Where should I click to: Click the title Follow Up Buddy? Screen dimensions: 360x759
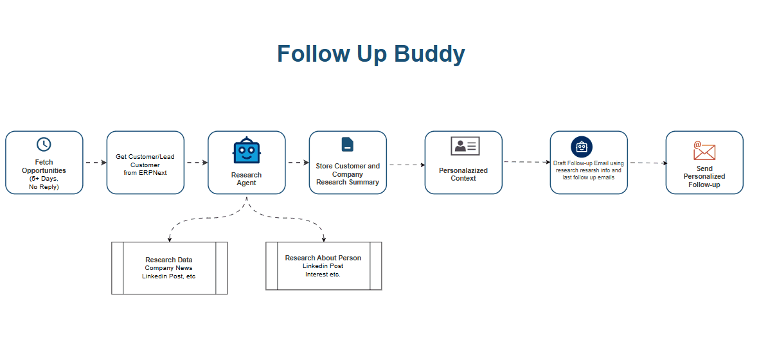pyautogui.click(x=371, y=54)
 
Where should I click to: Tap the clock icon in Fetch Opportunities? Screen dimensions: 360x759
pyautogui.click(x=44, y=145)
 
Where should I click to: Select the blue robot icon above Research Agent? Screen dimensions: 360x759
pyautogui.click(x=246, y=151)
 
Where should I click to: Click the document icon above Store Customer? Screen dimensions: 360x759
pyautogui.click(x=347, y=145)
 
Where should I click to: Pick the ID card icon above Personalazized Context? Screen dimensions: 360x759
pyautogui.click(x=464, y=146)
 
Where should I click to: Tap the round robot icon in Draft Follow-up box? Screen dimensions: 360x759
pyautogui.click(x=582, y=147)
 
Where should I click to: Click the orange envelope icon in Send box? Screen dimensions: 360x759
pyautogui.click(x=704, y=150)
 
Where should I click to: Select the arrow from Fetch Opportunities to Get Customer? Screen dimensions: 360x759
pyautogui.click(x=95, y=163)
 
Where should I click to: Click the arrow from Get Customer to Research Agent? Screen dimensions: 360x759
pyautogui.click(x=196, y=163)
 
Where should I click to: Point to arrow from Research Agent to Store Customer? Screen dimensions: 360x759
pyautogui.click(x=298, y=163)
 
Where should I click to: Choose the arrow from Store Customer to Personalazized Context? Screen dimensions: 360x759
pyautogui.click(x=406, y=165)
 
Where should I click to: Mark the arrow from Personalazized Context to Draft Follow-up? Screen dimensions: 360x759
pyautogui.click(x=526, y=162)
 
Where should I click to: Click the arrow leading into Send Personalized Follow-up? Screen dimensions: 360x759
pyautogui.click(x=647, y=163)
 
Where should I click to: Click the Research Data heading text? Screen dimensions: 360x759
pyautogui.click(x=168, y=260)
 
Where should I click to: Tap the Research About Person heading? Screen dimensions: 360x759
pyautogui.click(x=323, y=258)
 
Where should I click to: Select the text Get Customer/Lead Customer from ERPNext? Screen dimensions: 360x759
pyautogui.click(x=145, y=165)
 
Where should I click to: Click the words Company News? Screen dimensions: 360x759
pyautogui.click(x=168, y=268)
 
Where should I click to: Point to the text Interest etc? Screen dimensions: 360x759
pyautogui.click(x=323, y=274)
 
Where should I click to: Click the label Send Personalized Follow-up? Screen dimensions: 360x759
pyautogui.click(x=704, y=176)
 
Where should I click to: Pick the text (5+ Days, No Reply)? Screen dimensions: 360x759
pyautogui.click(x=44, y=183)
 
